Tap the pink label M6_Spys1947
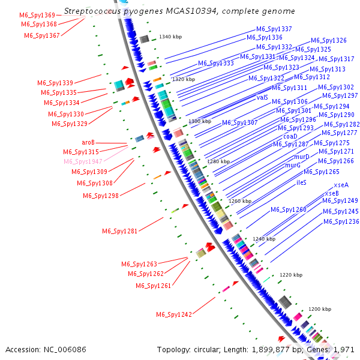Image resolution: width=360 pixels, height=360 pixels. (83, 161)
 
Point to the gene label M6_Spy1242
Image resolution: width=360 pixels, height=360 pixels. (174, 314)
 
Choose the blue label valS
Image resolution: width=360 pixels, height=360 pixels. (262, 97)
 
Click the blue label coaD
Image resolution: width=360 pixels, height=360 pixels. (290, 136)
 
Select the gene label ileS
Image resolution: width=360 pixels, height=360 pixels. (302, 182)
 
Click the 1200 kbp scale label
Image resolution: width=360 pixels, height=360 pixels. (320, 309)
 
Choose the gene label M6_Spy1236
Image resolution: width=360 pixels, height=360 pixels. (341, 221)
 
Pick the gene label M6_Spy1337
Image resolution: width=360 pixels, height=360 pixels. (274, 29)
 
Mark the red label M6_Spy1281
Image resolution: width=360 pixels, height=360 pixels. (120, 231)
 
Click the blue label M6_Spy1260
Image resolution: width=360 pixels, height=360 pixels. (288, 209)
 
